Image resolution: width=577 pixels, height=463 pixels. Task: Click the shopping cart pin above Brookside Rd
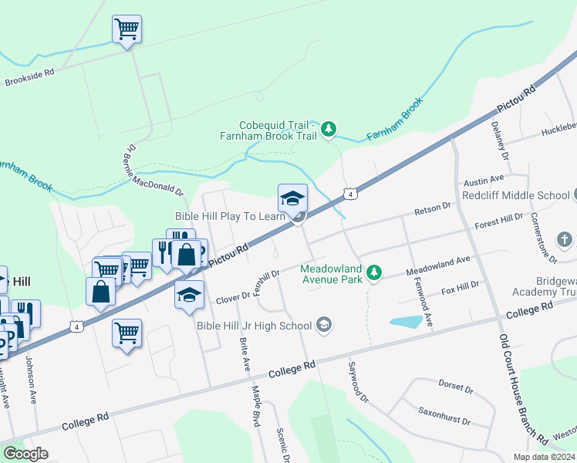coord(127,30)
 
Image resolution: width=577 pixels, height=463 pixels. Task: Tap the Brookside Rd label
coord(29,76)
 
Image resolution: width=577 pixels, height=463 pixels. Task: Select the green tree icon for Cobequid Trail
coord(329,129)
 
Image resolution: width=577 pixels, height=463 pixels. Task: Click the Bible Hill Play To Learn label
coord(231,216)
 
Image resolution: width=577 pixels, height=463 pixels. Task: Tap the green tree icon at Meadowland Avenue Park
coord(374,272)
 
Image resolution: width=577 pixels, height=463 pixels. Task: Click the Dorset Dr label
coord(450,386)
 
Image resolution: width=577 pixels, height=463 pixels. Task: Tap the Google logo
coord(26,454)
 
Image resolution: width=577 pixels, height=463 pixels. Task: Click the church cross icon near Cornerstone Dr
coord(566,239)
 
